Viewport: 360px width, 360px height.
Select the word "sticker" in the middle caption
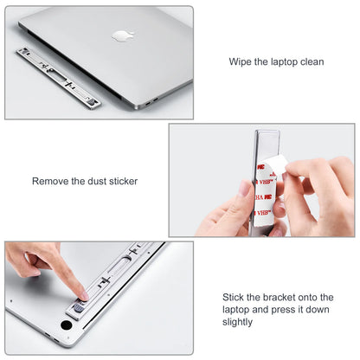[120, 181]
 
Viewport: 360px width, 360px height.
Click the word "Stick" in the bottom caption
[236, 297]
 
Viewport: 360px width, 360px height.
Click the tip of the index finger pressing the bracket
[80, 294]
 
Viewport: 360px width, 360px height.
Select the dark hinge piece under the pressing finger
[79, 307]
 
